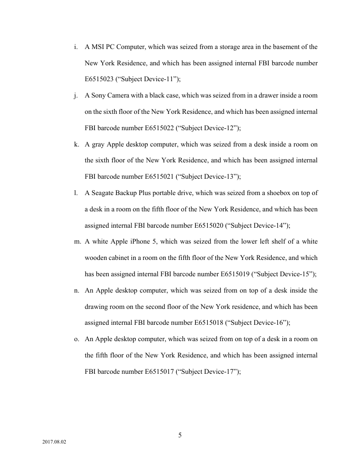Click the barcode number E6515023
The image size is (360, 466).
(x=99, y=79)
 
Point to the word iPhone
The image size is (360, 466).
(x=140, y=241)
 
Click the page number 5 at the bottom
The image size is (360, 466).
(x=180, y=436)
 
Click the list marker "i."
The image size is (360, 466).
(x=76, y=47)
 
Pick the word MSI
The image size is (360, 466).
(x=97, y=47)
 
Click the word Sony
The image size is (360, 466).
(x=100, y=96)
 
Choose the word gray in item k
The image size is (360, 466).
(x=98, y=144)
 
